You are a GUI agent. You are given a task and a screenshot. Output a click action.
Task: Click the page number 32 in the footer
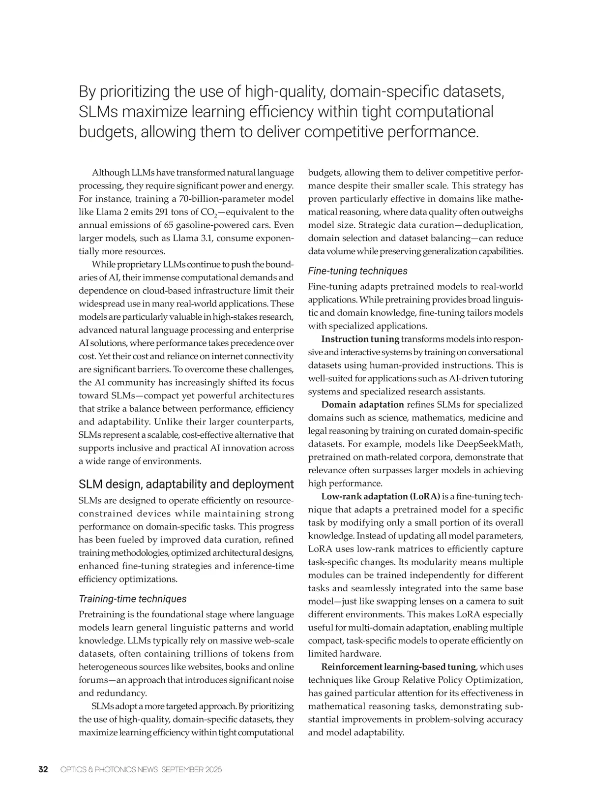click(x=43, y=769)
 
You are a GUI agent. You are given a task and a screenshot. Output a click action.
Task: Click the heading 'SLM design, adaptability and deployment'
click(x=186, y=484)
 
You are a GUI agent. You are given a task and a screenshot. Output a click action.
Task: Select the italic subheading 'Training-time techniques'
click(x=133, y=599)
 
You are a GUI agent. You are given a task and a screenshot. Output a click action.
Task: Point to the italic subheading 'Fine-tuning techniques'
click(x=357, y=271)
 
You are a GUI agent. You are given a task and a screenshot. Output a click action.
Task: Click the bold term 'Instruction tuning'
click(x=360, y=339)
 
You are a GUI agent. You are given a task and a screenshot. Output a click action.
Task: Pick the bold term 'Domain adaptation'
click(x=362, y=404)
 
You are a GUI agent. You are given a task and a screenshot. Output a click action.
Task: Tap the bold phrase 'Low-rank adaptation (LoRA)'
click(x=381, y=496)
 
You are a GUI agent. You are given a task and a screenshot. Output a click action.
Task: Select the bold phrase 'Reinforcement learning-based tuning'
click(x=398, y=667)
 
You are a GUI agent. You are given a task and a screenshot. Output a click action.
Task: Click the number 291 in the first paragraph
click(x=149, y=212)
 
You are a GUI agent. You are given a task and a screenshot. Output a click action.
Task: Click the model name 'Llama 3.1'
click(x=192, y=238)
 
